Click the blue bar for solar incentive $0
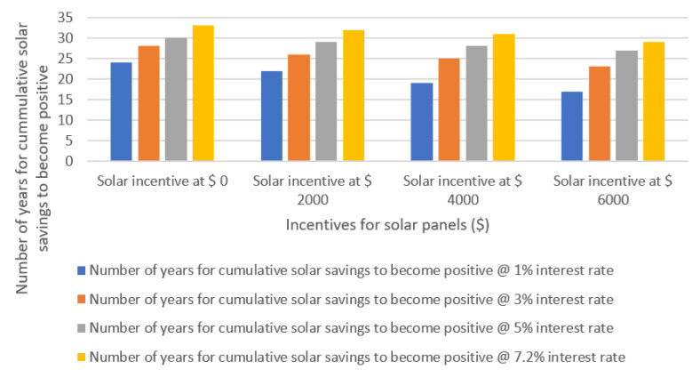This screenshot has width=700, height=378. coord(121,112)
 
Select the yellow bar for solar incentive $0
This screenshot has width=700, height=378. coord(203,93)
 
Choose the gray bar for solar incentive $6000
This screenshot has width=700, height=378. coord(627,106)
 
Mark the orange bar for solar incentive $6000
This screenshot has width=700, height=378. coord(600,114)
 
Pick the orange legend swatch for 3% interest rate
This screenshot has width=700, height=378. coord(81,300)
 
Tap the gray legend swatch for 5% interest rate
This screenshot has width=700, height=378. coord(81,328)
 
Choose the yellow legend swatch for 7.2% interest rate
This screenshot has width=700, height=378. coord(81,357)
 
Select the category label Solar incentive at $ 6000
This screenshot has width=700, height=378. coord(613,189)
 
